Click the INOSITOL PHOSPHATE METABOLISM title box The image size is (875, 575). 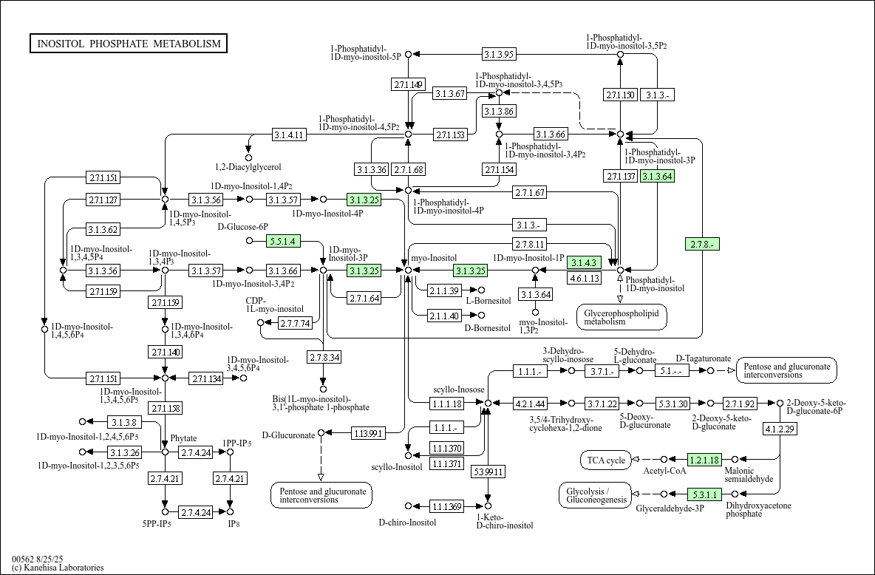(x=129, y=44)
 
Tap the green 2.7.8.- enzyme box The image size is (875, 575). (x=702, y=244)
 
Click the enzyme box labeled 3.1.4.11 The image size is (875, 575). (x=289, y=135)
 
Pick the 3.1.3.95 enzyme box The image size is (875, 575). (x=499, y=54)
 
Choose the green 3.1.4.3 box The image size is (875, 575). (x=583, y=262)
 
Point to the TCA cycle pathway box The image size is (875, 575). (x=606, y=460)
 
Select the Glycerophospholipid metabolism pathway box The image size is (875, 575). (x=622, y=317)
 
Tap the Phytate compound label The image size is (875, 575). (x=183, y=438)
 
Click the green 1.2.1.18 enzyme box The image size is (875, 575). (x=704, y=460)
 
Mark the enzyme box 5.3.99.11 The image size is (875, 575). (x=488, y=471)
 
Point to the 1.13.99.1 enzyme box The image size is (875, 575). (x=368, y=432)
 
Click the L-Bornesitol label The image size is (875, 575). (x=488, y=301)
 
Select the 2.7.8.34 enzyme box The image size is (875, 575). (x=324, y=357)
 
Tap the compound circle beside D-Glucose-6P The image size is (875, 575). (x=249, y=241)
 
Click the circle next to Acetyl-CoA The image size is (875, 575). (x=664, y=460)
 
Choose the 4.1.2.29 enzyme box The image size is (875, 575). (x=780, y=429)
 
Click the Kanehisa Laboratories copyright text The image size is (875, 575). (x=58, y=568)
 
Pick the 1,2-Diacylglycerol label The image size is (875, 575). (x=248, y=168)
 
